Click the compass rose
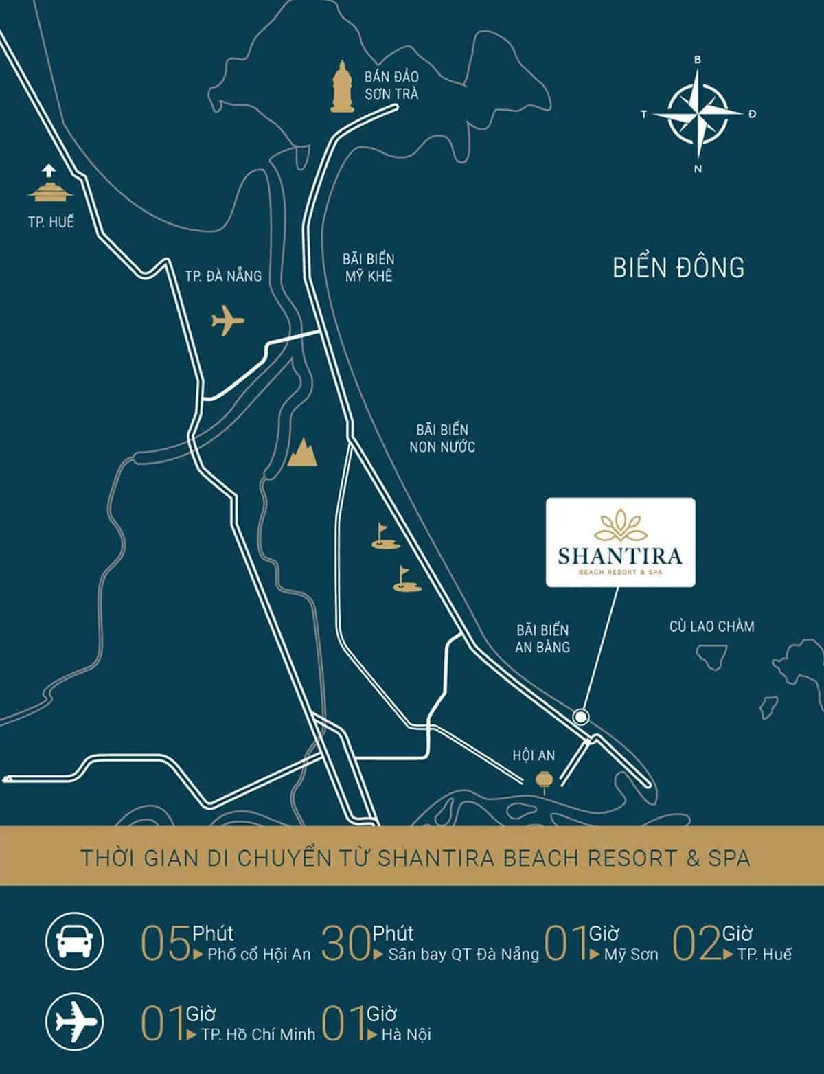[698, 114]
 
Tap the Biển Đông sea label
[678, 267]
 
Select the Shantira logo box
[620, 542]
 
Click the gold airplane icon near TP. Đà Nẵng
[228, 320]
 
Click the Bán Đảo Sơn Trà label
[391, 85]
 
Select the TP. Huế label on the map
[51, 222]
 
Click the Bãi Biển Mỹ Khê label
[369, 266]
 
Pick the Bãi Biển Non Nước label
[442, 438]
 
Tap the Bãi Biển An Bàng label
[542, 638]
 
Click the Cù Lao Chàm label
[711, 626]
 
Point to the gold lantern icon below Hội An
[544, 781]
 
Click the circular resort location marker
[582, 717]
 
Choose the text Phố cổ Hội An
[259, 954]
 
